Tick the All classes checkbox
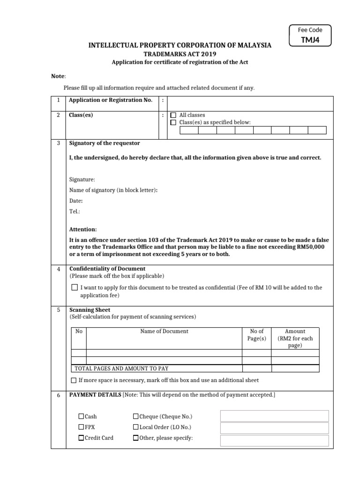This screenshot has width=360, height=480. click(x=173, y=115)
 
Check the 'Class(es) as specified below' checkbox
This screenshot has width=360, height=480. click(x=173, y=122)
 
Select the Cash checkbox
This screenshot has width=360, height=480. click(x=81, y=416)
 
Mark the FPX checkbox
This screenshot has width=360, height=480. click(x=81, y=427)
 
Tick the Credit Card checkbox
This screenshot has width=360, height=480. click(x=81, y=438)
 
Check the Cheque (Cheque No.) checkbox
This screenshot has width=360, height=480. click(x=136, y=416)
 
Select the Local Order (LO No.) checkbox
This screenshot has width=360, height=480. click(x=136, y=427)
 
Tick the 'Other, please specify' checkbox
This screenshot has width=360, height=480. click(x=136, y=438)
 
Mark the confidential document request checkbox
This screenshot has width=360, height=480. click(x=74, y=287)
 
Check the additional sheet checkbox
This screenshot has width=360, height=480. click(x=74, y=380)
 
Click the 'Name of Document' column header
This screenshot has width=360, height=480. click(x=164, y=331)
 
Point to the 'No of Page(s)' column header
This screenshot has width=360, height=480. click(x=256, y=335)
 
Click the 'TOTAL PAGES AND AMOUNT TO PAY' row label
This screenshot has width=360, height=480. click(x=112, y=369)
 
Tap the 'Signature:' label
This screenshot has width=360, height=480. click(x=82, y=180)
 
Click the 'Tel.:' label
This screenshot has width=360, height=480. click(x=75, y=211)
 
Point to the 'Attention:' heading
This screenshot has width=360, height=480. click(x=83, y=229)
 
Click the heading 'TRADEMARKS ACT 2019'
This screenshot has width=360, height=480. click(x=180, y=54)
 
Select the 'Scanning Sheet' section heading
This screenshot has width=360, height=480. click(x=90, y=310)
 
